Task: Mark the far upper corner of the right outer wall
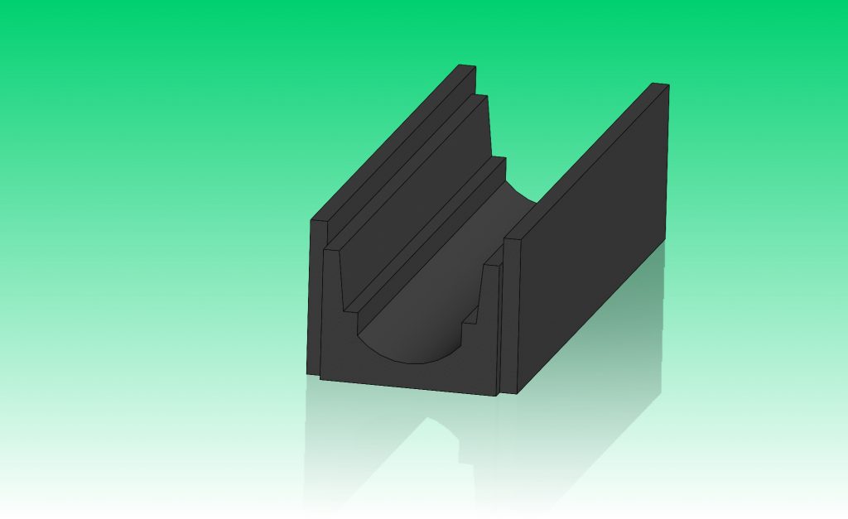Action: coord(667,85)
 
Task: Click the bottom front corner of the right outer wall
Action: coord(518,392)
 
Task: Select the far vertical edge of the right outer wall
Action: coord(667,166)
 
